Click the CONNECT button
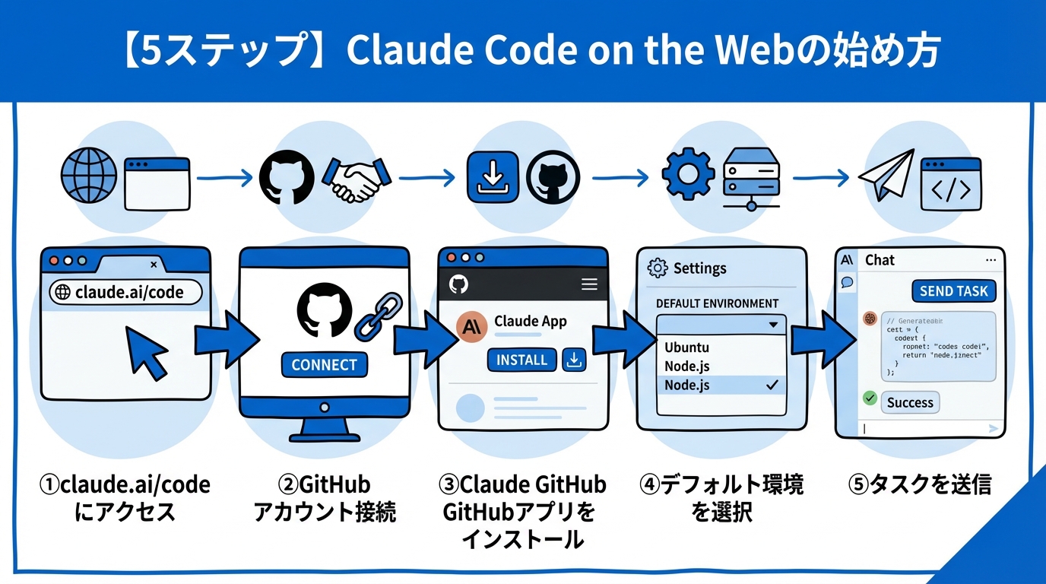(x=324, y=365)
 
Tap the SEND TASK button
(x=953, y=291)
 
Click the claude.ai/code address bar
(x=126, y=292)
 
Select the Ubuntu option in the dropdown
(x=686, y=348)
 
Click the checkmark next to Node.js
(x=772, y=386)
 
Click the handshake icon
(x=357, y=179)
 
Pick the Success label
(x=910, y=403)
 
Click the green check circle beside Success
(x=870, y=398)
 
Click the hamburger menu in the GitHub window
(x=589, y=284)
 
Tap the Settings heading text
(x=699, y=268)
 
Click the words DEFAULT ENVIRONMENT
(x=717, y=303)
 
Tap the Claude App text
(x=530, y=321)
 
